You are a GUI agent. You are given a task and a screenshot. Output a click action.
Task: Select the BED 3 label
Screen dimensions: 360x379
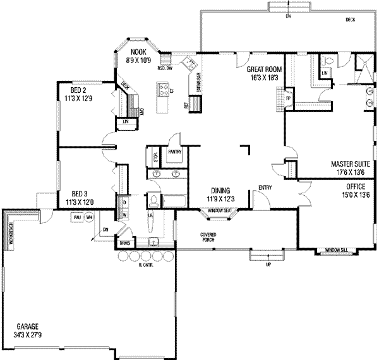coord(78,195)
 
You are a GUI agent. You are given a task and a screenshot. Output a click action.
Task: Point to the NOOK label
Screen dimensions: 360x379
coord(138,51)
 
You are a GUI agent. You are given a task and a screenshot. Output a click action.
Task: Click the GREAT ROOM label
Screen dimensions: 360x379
coord(264,69)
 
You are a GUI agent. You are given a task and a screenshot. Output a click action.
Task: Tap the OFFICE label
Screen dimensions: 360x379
coord(355,187)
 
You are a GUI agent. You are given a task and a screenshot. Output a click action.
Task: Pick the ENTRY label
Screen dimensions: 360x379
coord(265,188)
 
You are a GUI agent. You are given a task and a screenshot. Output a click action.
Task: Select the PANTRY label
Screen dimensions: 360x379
coord(175,152)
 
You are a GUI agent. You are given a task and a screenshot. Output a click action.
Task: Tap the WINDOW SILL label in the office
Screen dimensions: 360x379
coord(335,251)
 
